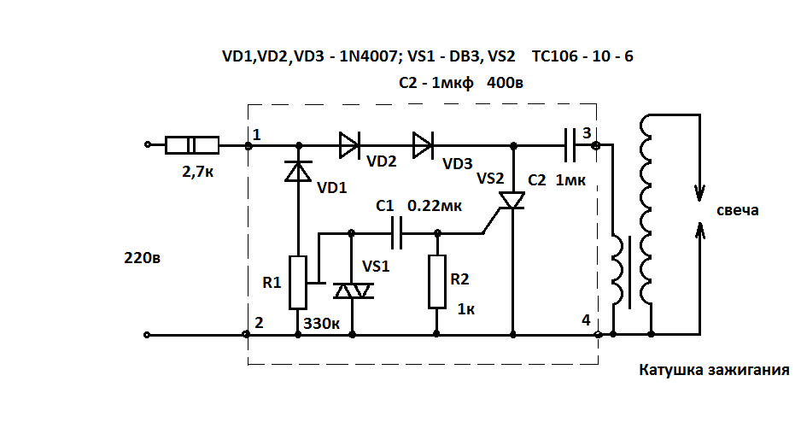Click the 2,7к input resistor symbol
192,145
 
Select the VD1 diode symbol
298,171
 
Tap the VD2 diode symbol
350,145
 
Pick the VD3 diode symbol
423,145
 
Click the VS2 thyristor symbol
512,200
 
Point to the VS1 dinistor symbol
352,291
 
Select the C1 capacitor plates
396,233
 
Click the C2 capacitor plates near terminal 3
570,145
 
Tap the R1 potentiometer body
298,282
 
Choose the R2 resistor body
436,281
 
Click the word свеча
737,211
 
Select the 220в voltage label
142,257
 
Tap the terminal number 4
586,320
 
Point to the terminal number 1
256,134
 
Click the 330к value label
322,324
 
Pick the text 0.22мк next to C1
435,206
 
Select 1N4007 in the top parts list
368,56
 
